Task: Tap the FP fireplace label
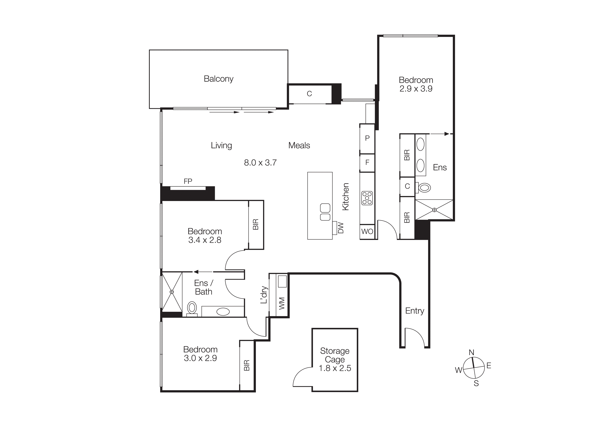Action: pyautogui.click(x=188, y=181)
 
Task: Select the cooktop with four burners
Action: pyautogui.click(x=367, y=198)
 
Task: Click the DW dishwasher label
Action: pyautogui.click(x=341, y=228)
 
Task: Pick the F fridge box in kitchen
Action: pyautogui.click(x=367, y=163)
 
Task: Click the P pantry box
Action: pyautogui.click(x=367, y=138)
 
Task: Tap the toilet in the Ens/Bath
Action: pyautogui.click(x=192, y=308)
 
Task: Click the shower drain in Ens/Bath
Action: pyautogui.click(x=172, y=292)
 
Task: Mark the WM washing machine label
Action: pyautogui.click(x=282, y=303)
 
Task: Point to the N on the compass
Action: pyautogui.click(x=471, y=352)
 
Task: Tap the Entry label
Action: pyautogui.click(x=415, y=311)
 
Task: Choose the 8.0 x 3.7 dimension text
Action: pyautogui.click(x=260, y=163)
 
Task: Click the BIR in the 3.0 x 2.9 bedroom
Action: pyautogui.click(x=247, y=366)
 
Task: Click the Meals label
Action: pyautogui.click(x=299, y=146)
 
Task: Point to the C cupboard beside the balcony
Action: pyautogui.click(x=309, y=94)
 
